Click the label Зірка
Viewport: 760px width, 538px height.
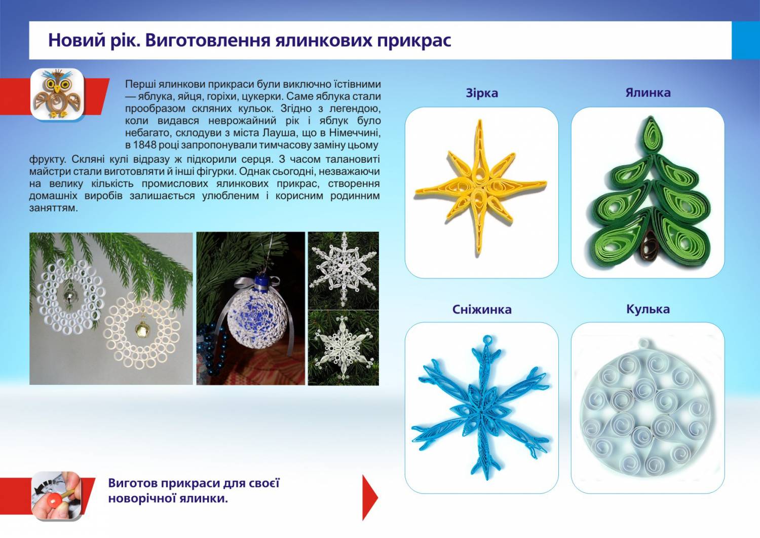[482, 93]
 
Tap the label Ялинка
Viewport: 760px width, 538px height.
[648, 92]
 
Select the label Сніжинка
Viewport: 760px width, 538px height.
[482, 309]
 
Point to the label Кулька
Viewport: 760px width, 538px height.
[648, 309]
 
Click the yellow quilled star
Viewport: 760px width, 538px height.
[480, 186]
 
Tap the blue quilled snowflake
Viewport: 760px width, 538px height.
[482, 408]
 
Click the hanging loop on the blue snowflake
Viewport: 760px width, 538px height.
[487, 339]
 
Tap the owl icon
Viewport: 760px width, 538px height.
[57, 94]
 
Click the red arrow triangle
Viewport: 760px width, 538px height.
[370, 497]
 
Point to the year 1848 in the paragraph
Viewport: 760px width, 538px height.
[144, 145]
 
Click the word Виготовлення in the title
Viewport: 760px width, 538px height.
[208, 40]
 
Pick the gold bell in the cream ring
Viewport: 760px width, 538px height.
[141, 329]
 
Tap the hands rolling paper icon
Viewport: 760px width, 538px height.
[57, 496]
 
